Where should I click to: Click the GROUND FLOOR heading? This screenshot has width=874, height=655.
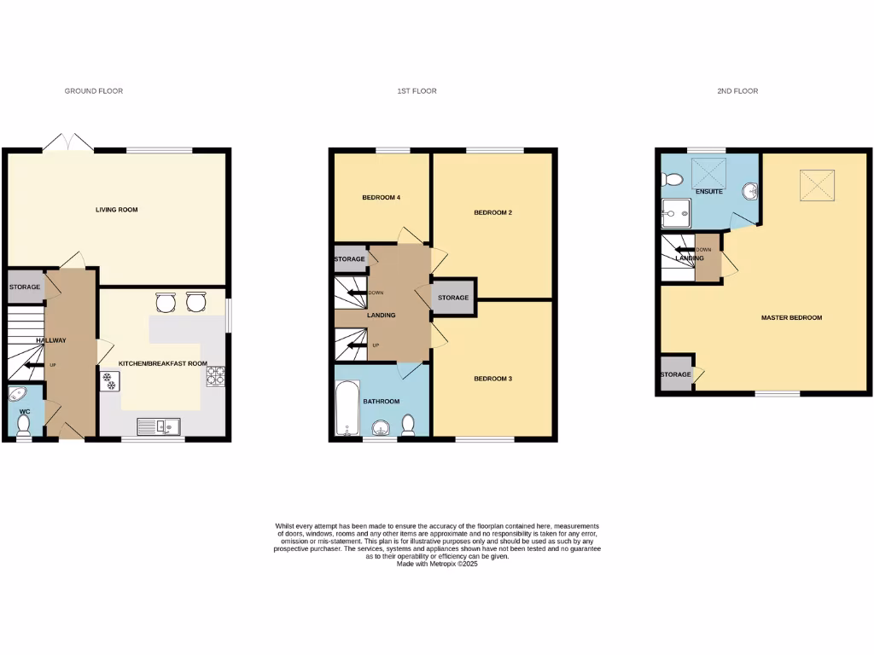(x=94, y=91)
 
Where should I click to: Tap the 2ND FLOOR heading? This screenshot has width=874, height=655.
(x=737, y=91)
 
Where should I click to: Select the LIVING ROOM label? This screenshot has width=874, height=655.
(x=116, y=210)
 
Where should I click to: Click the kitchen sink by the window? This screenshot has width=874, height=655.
(x=159, y=424)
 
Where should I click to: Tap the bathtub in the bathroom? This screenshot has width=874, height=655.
(x=347, y=409)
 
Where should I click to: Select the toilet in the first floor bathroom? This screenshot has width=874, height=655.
(x=409, y=424)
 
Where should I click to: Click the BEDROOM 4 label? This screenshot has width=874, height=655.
(x=382, y=198)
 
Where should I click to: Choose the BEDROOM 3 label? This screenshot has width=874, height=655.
(x=492, y=378)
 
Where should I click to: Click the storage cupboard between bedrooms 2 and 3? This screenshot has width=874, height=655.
(x=453, y=298)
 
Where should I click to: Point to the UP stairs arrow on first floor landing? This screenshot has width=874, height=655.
(x=353, y=345)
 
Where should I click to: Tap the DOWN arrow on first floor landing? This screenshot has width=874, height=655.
(x=353, y=293)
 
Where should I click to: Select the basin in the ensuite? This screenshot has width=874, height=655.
(x=750, y=190)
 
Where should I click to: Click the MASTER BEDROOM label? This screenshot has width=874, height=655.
(x=791, y=318)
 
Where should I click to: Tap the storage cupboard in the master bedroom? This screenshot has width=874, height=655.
(x=677, y=374)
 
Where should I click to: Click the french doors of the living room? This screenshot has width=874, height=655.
(x=67, y=142)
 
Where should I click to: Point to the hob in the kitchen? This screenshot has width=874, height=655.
(x=214, y=375)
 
